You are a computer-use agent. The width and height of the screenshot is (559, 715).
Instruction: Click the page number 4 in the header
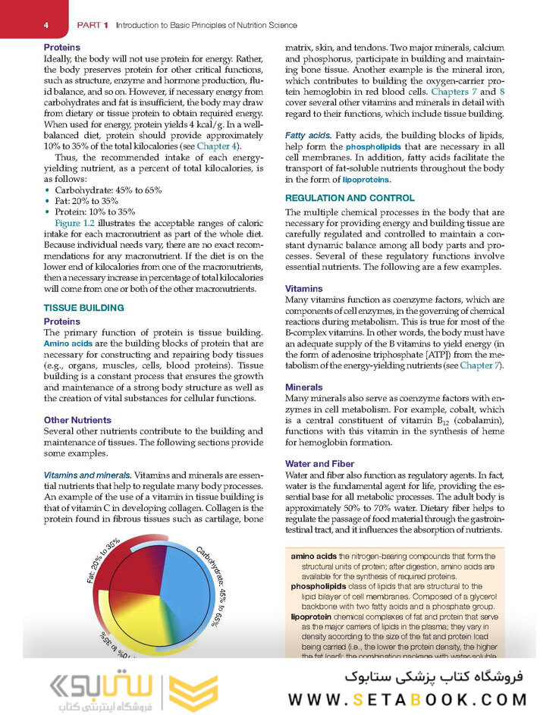pyautogui.click(x=46, y=25)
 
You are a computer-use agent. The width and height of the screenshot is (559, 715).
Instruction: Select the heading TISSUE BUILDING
pyautogui.click(x=83, y=308)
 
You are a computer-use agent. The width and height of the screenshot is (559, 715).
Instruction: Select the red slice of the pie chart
pyautogui.click(x=137, y=588)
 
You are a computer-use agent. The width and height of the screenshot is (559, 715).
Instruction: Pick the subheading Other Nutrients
pyautogui.click(x=77, y=419)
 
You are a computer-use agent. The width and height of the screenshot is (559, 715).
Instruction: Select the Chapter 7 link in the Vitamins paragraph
pyautogui.click(x=481, y=365)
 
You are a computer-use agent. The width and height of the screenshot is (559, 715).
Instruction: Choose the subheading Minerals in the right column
pyautogui.click(x=303, y=387)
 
